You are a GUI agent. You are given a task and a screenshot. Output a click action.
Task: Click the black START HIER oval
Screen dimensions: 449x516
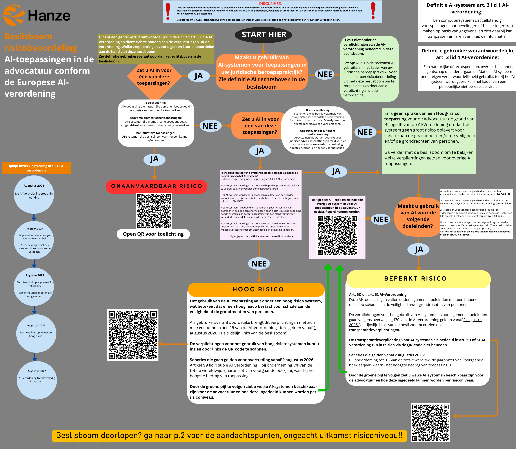coord(263,35)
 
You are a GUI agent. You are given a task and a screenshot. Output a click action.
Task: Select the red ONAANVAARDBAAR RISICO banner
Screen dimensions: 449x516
coord(156,186)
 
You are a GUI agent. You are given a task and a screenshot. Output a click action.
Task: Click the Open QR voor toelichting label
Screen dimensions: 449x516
coord(153,234)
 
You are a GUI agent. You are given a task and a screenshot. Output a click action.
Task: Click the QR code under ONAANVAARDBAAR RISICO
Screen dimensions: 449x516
coord(154,211)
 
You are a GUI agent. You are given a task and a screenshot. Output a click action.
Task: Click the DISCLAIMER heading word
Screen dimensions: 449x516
coord(271,4)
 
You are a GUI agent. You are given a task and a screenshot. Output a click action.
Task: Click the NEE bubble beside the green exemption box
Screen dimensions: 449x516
coord(325,74)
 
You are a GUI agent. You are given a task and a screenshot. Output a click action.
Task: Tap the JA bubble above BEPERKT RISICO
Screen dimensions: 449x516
coord(419,250)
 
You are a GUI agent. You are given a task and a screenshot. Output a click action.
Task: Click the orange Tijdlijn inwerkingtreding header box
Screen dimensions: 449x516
coord(37,168)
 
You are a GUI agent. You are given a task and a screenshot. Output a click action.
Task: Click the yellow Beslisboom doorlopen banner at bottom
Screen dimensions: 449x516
coord(229,435)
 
